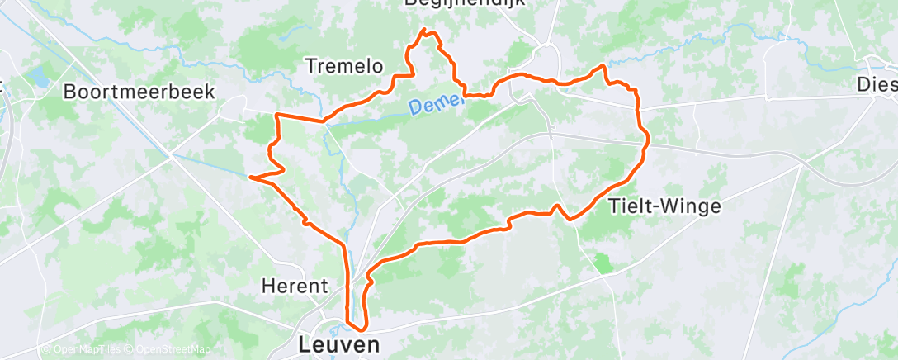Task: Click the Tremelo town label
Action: point(343,65)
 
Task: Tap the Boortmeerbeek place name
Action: point(139,92)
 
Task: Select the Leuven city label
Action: point(339,343)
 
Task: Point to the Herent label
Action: point(295,287)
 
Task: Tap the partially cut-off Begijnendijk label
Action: point(465,4)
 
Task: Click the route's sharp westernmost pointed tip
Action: point(250,176)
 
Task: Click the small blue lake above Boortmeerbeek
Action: point(37,78)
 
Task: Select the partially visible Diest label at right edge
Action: point(877,84)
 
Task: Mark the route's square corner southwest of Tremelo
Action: point(276,115)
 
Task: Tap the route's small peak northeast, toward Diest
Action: point(603,66)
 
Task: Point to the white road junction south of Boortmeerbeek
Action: point(170,154)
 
